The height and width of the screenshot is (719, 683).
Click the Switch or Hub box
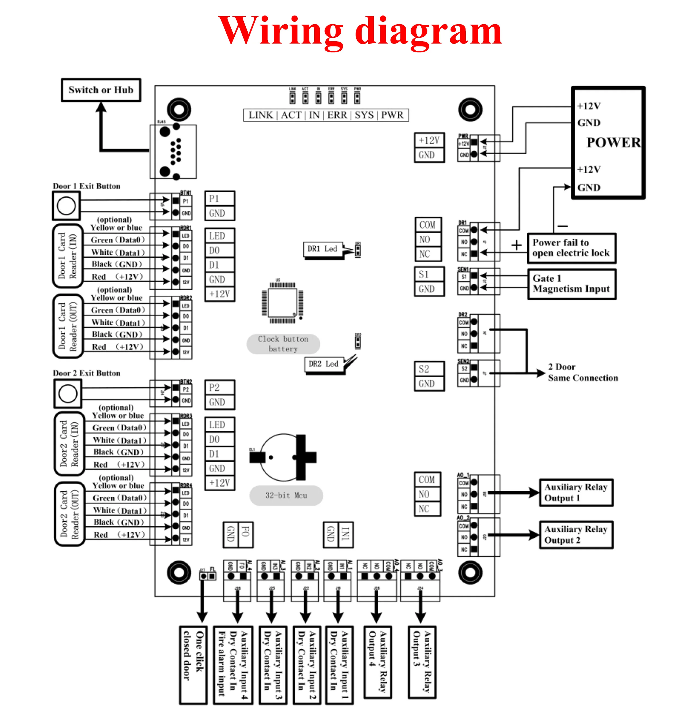(101, 90)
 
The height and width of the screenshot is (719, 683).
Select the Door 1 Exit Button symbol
(66, 206)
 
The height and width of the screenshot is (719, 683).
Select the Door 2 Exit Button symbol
(68, 393)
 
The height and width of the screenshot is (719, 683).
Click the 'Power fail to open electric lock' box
(571, 248)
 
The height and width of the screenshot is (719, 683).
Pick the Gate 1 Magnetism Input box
(571, 284)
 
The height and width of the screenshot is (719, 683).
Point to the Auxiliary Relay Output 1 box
(576, 492)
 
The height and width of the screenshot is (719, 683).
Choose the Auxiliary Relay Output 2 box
(576, 534)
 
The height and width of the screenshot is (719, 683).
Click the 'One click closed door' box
(193, 665)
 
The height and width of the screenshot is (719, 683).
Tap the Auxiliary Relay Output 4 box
(378, 662)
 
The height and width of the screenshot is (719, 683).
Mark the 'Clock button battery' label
(283, 344)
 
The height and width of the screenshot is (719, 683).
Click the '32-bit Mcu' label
(286, 495)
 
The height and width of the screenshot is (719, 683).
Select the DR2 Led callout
(323, 364)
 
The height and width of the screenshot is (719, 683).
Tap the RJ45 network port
(173, 152)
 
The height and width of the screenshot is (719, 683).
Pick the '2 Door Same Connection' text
(582, 372)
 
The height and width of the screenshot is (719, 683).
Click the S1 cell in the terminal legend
(429, 274)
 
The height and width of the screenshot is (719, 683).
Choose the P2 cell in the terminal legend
(219, 387)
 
